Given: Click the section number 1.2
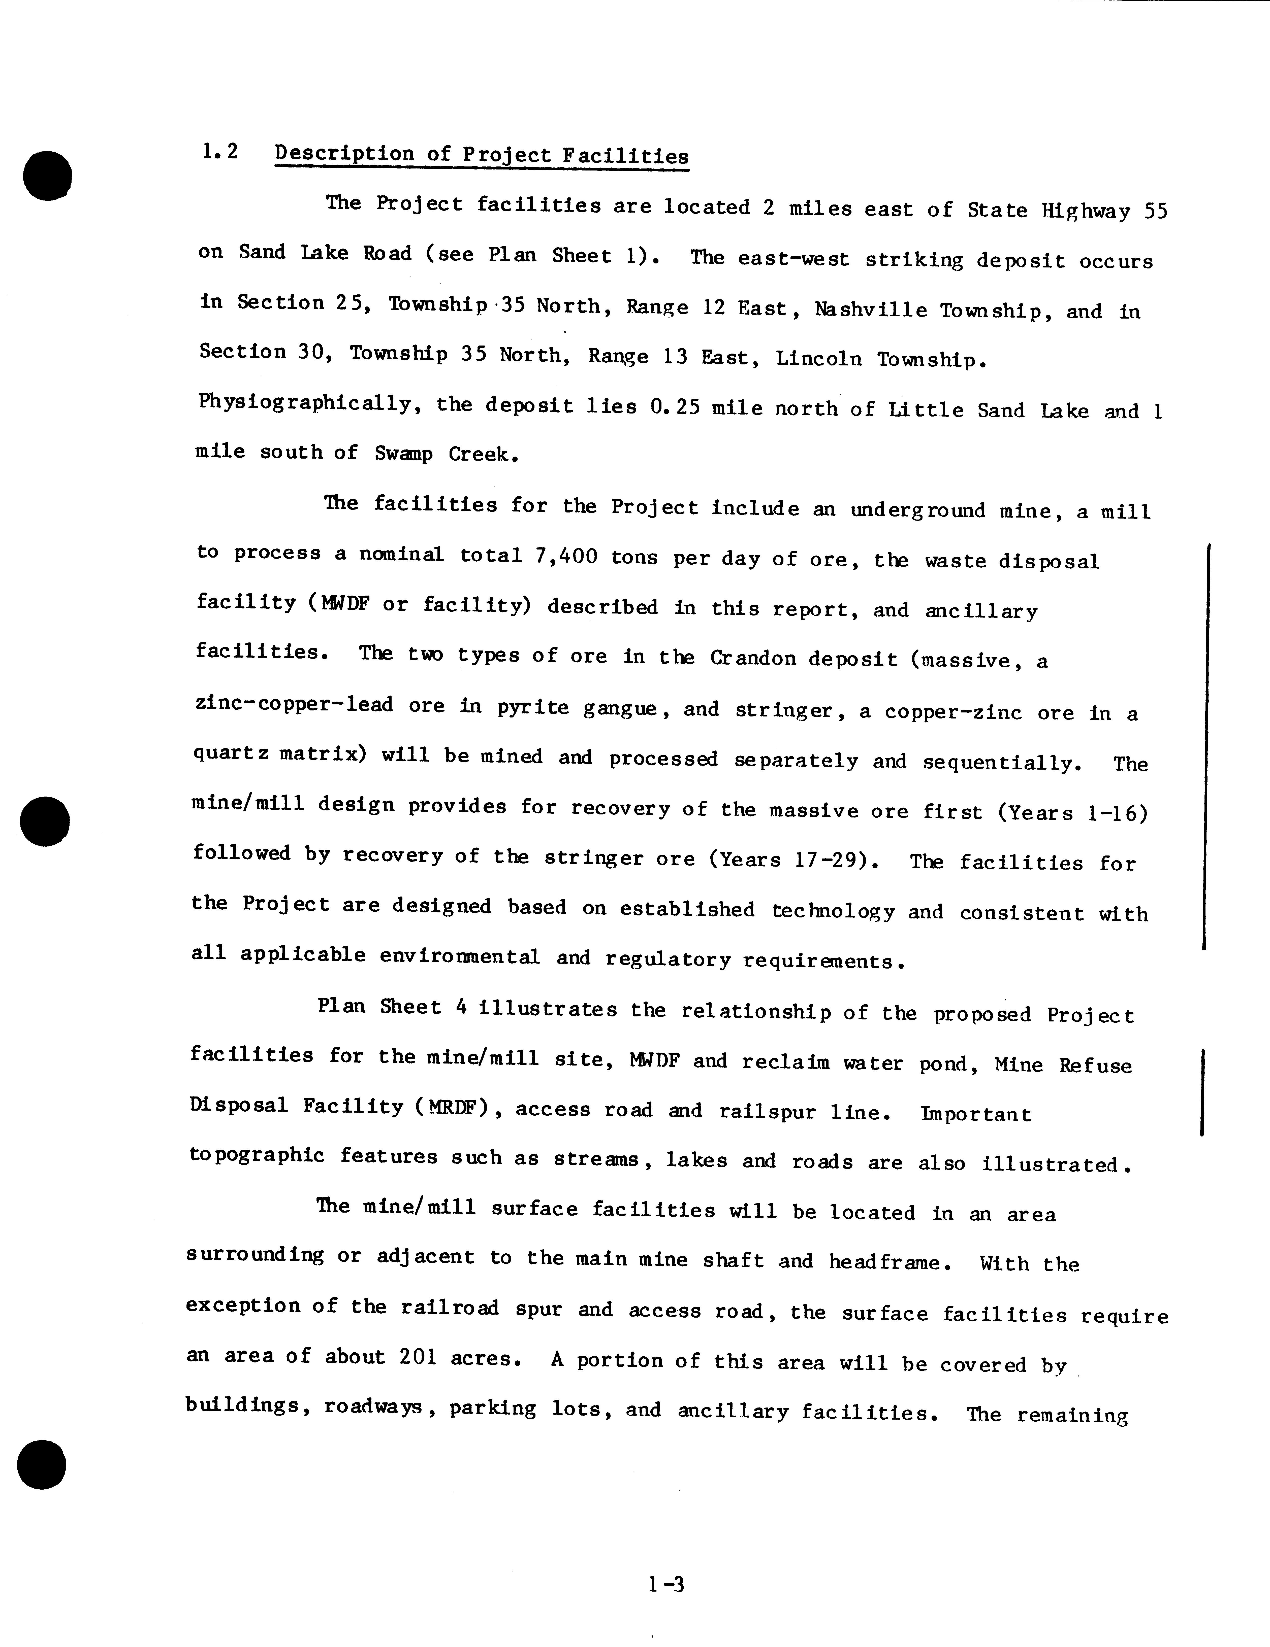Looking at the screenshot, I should coord(219,152).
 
